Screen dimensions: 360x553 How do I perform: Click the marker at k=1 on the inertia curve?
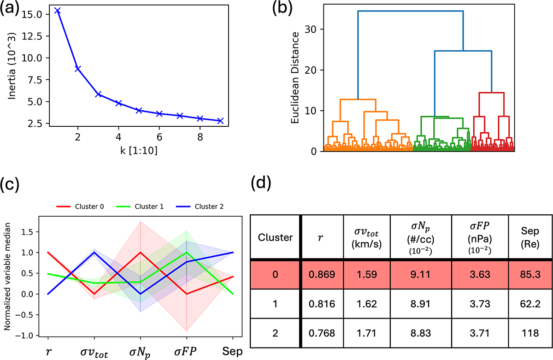pos(57,10)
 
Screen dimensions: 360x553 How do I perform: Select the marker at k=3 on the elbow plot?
pos(98,94)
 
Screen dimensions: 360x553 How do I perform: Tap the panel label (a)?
pos(12,9)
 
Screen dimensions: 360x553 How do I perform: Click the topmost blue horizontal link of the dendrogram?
pos(410,11)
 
